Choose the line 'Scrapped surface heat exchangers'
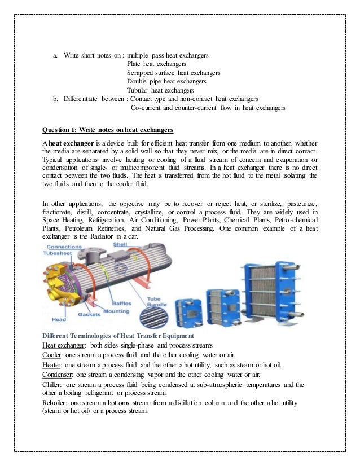[173, 73]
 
